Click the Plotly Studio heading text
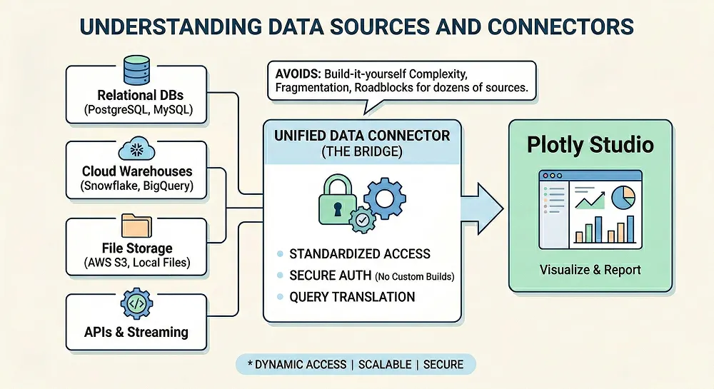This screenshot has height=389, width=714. click(x=590, y=145)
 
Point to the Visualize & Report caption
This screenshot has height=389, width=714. click(x=590, y=270)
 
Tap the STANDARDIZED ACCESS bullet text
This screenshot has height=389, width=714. click(x=359, y=253)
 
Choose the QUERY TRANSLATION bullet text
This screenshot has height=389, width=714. click(x=352, y=296)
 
